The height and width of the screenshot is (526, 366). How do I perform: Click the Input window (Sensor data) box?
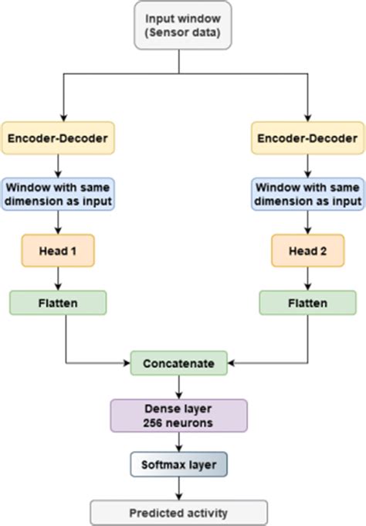(182, 25)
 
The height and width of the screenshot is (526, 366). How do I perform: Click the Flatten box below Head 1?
(59, 303)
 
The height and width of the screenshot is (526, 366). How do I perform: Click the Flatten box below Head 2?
(307, 303)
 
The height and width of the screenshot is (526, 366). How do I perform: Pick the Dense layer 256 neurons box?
(178, 416)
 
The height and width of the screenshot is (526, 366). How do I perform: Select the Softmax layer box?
(178, 465)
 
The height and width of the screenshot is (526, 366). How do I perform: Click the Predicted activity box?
(178, 511)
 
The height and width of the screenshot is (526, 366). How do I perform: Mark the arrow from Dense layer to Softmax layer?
(178, 442)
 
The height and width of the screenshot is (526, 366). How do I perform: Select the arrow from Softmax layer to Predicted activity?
(178, 488)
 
